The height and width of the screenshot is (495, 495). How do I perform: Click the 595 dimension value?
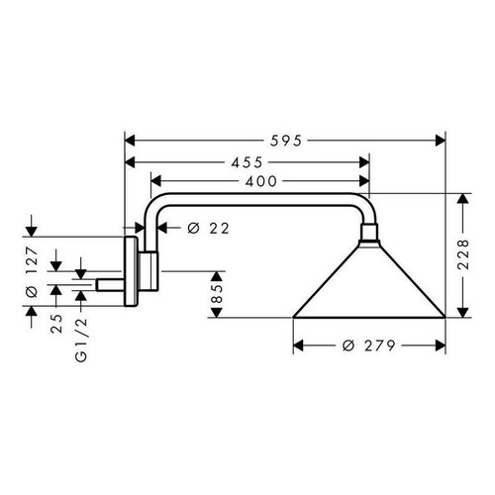[x=284, y=140]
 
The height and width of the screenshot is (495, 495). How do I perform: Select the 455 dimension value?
[x=247, y=160]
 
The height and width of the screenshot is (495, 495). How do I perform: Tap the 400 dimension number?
[x=259, y=180]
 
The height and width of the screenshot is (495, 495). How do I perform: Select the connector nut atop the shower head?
[x=369, y=235]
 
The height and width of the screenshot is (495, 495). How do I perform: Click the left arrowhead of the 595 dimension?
[x=129, y=140]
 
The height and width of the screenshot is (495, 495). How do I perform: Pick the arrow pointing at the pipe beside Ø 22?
[x=166, y=229]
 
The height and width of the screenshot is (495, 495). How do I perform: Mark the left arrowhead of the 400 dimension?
[x=155, y=180]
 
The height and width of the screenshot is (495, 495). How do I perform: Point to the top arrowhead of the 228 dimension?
[x=462, y=199]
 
